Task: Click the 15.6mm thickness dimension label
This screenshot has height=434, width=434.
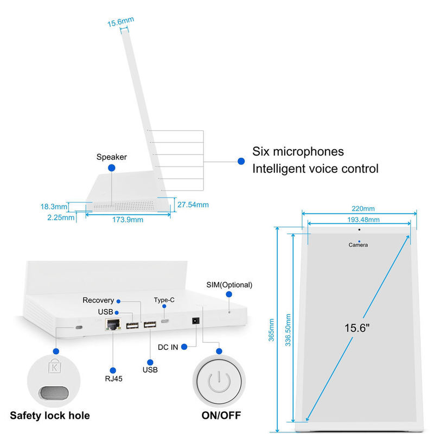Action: tap(120, 22)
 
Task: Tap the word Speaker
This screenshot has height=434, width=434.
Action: tap(111, 157)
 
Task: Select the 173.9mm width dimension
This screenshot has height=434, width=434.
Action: tap(129, 219)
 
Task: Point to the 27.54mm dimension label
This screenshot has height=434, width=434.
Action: tap(193, 205)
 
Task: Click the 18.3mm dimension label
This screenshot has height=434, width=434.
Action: tap(54, 207)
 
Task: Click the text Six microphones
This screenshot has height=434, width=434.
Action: tap(298, 151)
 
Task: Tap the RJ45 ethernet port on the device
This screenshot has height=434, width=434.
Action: tap(113, 324)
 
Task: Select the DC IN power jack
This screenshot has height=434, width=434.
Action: tap(194, 321)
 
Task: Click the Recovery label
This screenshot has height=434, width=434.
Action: tap(98, 300)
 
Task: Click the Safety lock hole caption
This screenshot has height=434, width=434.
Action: tap(50, 416)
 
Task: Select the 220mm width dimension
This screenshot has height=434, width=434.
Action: tap(362, 208)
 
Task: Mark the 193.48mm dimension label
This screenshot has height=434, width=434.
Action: tap(363, 219)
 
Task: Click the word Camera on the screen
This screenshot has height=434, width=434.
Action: tap(358, 245)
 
